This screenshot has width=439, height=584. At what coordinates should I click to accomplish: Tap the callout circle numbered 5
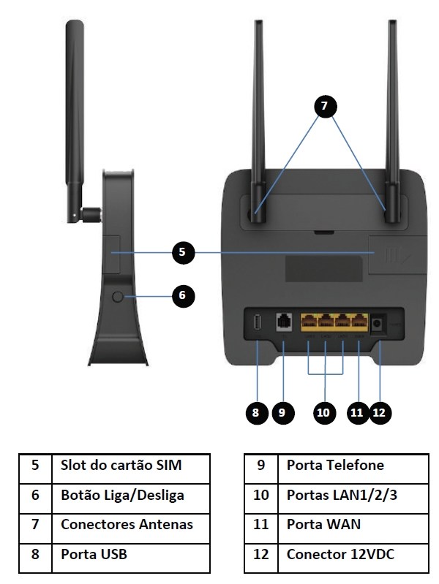click(184, 252)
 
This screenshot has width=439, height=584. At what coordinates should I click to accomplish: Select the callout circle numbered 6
click(183, 295)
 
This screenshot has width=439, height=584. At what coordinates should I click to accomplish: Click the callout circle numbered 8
click(255, 412)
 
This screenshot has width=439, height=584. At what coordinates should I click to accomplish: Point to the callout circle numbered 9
click(282, 412)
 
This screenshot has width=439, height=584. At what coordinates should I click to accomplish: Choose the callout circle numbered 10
click(323, 412)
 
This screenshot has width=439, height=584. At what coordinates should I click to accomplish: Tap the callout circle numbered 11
click(356, 412)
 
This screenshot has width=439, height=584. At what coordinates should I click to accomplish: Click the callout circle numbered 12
click(379, 412)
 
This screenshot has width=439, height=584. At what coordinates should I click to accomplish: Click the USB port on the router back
click(258, 322)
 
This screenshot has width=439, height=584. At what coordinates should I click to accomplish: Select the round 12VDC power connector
click(379, 323)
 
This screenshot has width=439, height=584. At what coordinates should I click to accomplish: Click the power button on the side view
click(117, 297)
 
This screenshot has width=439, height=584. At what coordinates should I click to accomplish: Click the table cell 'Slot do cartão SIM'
click(130, 465)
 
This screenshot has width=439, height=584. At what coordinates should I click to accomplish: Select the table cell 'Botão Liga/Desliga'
click(130, 495)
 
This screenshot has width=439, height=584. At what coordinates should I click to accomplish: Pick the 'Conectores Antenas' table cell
click(130, 524)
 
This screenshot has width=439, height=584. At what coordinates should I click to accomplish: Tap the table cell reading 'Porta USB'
click(130, 554)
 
